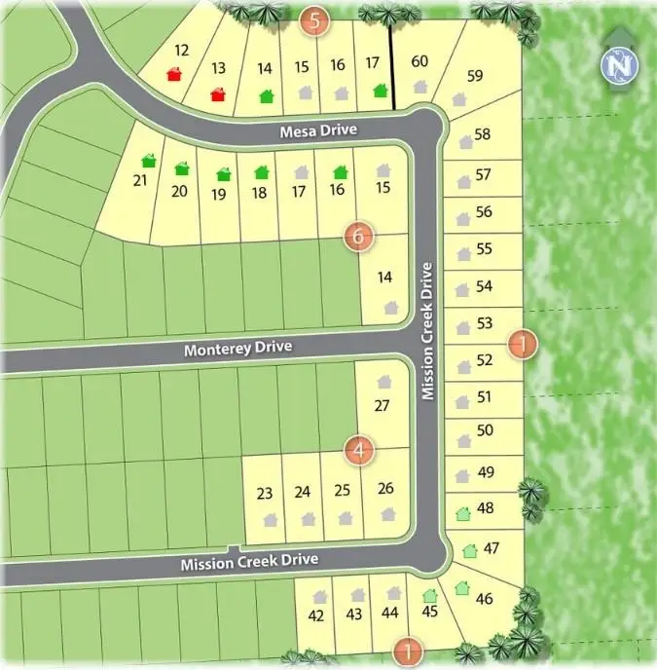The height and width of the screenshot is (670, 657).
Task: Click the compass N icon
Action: [x=615, y=65]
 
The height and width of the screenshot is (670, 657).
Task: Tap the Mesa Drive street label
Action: [x=317, y=130]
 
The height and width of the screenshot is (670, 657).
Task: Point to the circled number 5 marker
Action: [x=314, y=19]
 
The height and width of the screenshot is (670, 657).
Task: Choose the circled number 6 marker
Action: [x=359, y=235]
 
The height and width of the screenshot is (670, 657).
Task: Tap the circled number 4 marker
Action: [x=360, y=450]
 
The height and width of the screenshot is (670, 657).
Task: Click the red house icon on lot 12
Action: [x=175, y=74]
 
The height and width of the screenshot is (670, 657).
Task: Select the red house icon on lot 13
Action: [x=219, y=93]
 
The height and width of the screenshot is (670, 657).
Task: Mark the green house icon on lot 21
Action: [x=149, y=160]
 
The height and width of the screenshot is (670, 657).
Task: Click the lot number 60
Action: [x=420, y=62]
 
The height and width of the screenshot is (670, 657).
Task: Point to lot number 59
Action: [x=475, y=76]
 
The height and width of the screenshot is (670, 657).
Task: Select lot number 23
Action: [x=264, y=493]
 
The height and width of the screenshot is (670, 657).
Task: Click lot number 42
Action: [x=315, y=615]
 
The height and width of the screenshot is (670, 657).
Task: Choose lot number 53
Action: [x=485, y=323]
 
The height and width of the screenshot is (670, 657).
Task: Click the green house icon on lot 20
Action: [x=182, y=168]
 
